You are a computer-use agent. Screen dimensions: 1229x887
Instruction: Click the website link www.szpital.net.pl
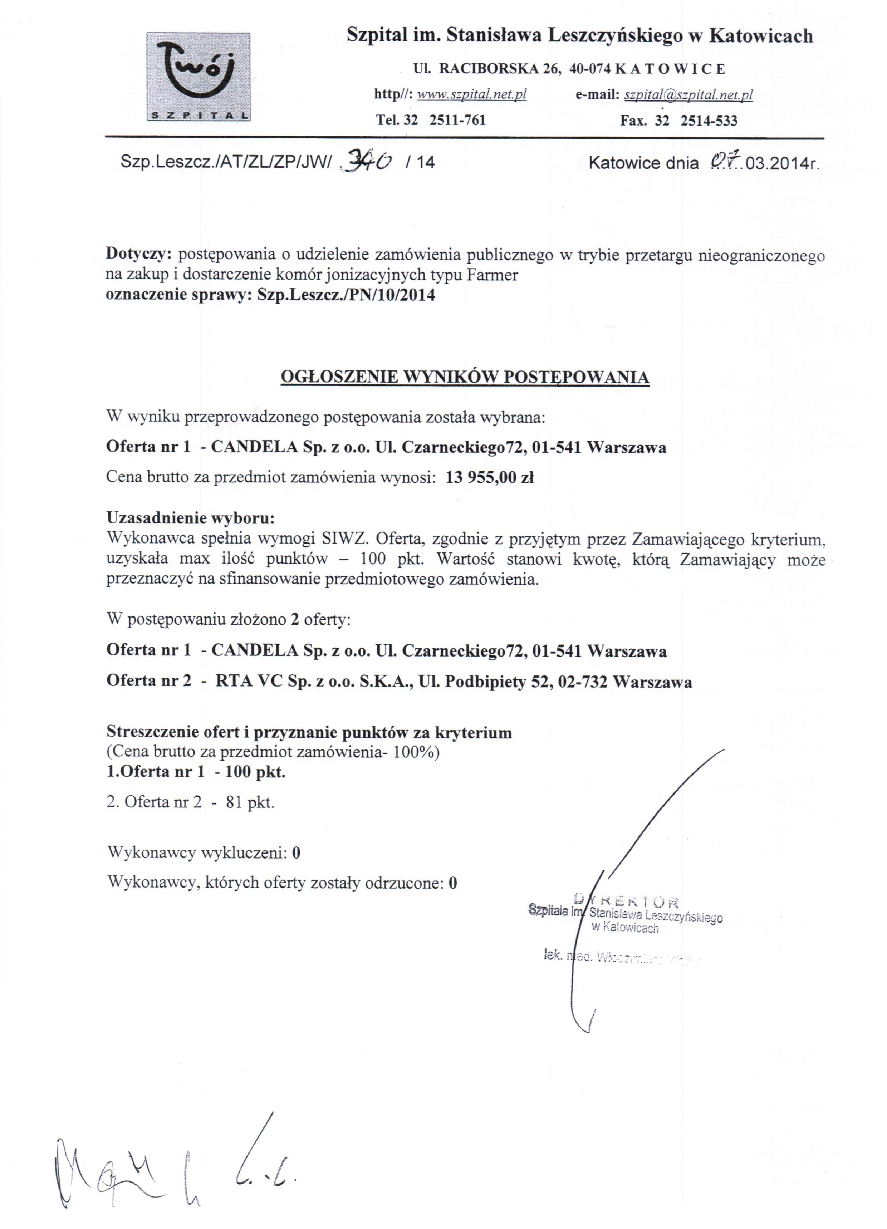[x=472, y=94]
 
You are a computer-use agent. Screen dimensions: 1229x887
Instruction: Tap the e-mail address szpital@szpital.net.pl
[x=688, y=95]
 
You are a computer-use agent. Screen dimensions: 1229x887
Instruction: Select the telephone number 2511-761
[x=457, y=120]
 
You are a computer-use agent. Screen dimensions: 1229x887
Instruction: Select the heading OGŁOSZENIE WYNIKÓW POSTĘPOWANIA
[x=465, y=377]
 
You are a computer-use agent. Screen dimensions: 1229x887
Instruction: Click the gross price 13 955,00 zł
[x=490, y=477]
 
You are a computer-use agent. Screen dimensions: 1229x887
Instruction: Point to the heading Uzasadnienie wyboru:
[x=190, y=517]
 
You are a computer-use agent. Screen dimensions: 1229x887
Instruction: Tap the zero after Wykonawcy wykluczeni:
[x=296, y=853]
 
